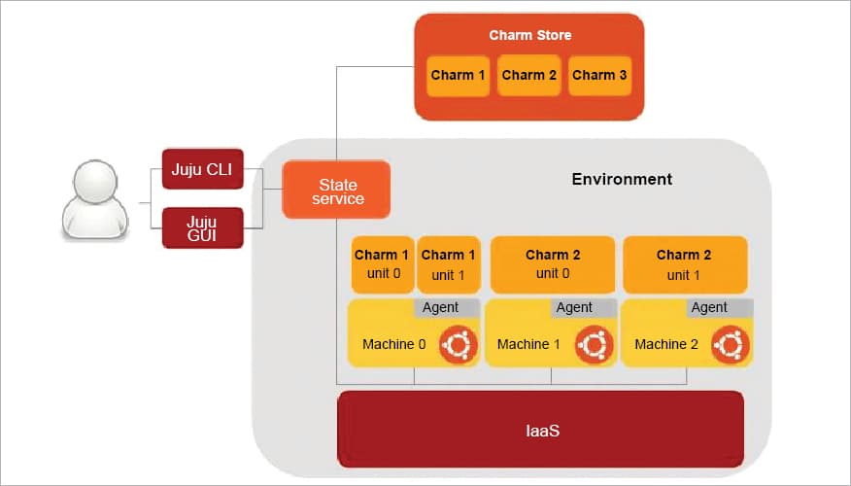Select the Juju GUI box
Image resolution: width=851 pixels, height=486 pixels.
(202, 226)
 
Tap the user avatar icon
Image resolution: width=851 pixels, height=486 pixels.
(94, 201)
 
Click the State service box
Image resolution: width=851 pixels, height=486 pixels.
(336, 191)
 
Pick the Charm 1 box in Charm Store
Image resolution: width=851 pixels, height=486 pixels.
(459, 75)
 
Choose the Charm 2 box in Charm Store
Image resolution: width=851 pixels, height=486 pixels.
(529, 75)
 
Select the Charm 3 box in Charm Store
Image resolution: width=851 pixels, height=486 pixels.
(599, 75)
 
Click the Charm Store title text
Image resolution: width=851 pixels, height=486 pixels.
(529, 36)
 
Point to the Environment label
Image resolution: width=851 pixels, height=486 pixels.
(622, 179)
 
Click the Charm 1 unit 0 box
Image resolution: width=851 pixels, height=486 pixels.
(382, 264)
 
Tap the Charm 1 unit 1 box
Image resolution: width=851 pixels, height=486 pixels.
(449, 264)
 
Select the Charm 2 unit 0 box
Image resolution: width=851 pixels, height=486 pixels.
(553, 264)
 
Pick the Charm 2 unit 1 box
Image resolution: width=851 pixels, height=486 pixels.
(684, 264)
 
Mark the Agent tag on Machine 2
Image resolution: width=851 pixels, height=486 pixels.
(708, 307)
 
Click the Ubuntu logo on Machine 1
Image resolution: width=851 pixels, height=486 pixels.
(594, 345)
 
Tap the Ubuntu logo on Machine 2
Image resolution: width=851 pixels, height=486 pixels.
(730, 345)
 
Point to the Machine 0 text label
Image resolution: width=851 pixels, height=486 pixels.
(393, 344)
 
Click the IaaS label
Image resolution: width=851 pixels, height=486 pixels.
(540, 429)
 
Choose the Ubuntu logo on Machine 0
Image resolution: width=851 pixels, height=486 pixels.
(459, 345)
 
